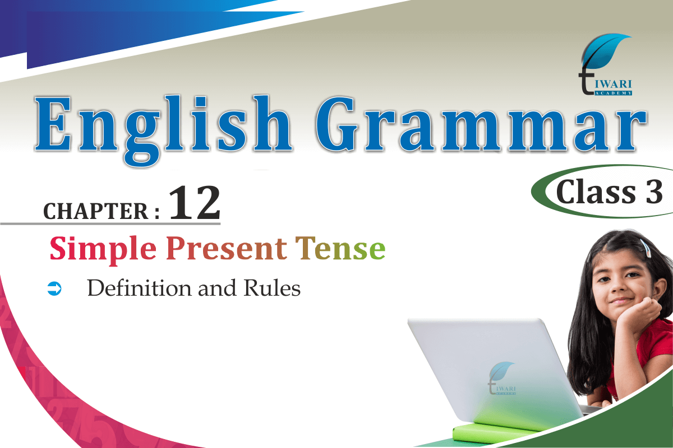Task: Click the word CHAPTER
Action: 96,211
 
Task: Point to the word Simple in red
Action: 103,250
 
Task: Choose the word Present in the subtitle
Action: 227,249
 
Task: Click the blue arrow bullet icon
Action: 54,288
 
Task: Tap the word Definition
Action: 139,288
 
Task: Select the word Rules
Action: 272,288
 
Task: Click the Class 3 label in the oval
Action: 609,192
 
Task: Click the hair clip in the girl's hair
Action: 645,248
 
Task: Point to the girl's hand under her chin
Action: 639,315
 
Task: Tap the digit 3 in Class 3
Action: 654,192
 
